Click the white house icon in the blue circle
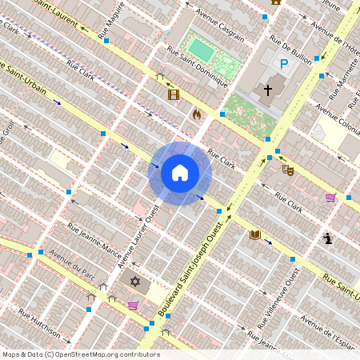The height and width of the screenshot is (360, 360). point(180,173)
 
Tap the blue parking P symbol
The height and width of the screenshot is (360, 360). point(283,64)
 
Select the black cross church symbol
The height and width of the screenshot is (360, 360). point(268,90)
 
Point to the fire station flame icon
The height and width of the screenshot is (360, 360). point(197,114)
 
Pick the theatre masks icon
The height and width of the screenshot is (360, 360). point(288,170)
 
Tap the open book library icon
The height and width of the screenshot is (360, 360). point(255,234)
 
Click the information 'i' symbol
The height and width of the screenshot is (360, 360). point(328,238)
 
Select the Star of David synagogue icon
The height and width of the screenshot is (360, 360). point(135,282)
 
